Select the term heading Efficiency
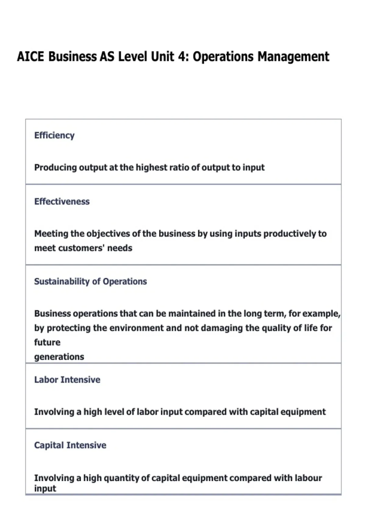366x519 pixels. (54, 135)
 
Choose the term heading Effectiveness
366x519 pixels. (62, 201)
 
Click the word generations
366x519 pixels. (59, 357)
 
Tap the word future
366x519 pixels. (47, 342)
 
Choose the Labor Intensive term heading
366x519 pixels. (67, 380)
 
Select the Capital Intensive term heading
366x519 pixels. (70, 445)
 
